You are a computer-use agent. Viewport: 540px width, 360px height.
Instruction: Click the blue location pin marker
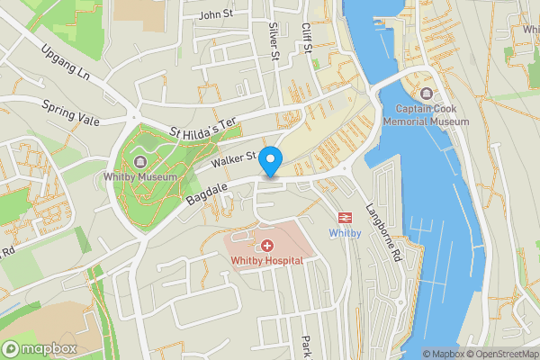coord(271,161)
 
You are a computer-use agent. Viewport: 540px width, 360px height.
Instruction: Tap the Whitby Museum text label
coord(140,177)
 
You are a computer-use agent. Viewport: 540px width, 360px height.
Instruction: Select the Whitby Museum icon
coord(140,161)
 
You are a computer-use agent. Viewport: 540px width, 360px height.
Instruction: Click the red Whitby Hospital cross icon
coord(266,246)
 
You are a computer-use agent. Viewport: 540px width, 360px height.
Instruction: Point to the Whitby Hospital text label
coord(266,261)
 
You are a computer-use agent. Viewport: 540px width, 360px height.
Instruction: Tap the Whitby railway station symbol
coord(344,217)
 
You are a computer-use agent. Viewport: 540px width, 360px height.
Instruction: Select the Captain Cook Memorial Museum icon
coord(426,93)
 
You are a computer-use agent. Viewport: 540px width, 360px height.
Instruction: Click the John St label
coord(215,14)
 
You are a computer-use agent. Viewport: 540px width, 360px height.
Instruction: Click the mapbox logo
coord(40,348)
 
